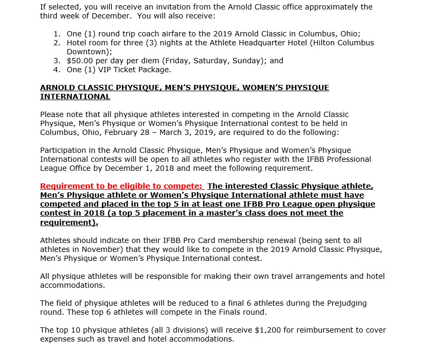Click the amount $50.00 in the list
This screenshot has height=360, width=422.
tap(81, 61)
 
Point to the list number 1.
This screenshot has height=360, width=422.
tap(57, 34)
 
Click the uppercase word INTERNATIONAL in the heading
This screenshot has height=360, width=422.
tap(75, 96)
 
